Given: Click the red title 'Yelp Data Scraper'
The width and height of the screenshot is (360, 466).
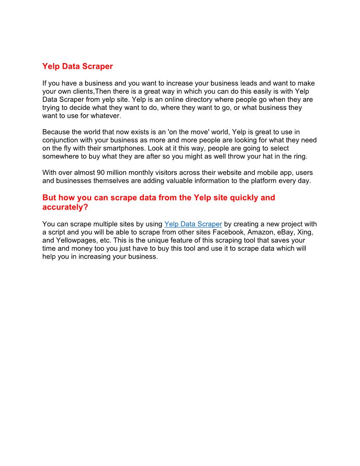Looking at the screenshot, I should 77,67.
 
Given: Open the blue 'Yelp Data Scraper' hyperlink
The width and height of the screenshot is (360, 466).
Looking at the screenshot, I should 193,224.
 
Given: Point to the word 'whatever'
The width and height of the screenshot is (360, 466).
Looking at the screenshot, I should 105,116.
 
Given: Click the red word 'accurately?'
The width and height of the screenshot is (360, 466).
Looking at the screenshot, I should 65,207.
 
